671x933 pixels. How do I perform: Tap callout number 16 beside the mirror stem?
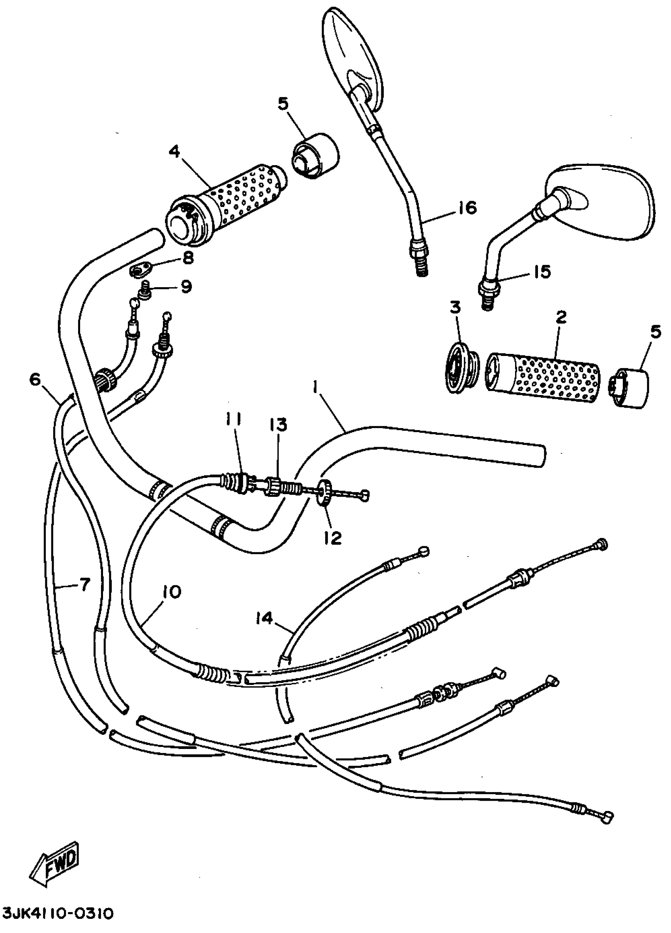point(466,208)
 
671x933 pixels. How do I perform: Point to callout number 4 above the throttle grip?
point(174,152)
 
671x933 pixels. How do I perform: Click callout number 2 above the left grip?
point(561,317)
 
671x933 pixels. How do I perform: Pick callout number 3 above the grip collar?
point(455,307)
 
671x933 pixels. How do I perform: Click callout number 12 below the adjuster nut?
point(333,537)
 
